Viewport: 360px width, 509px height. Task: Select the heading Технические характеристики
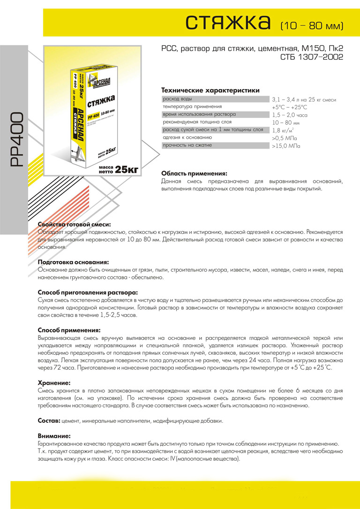(210, 90)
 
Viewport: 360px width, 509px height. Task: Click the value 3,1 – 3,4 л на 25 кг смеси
(304, 100)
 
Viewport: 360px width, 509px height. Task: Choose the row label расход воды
(177, 99)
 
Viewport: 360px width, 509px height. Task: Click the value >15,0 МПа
(286, 146)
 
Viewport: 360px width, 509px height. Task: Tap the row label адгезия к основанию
(187, 138)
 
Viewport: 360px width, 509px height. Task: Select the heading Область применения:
(194, 173)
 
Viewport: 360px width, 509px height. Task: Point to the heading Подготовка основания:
(73, 262)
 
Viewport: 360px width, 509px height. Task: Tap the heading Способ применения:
(69, 330)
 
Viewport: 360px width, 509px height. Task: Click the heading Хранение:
(54, 383)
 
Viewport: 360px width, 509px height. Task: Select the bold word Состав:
(48, 420)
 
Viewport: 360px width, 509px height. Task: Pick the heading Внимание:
(54, 435)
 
